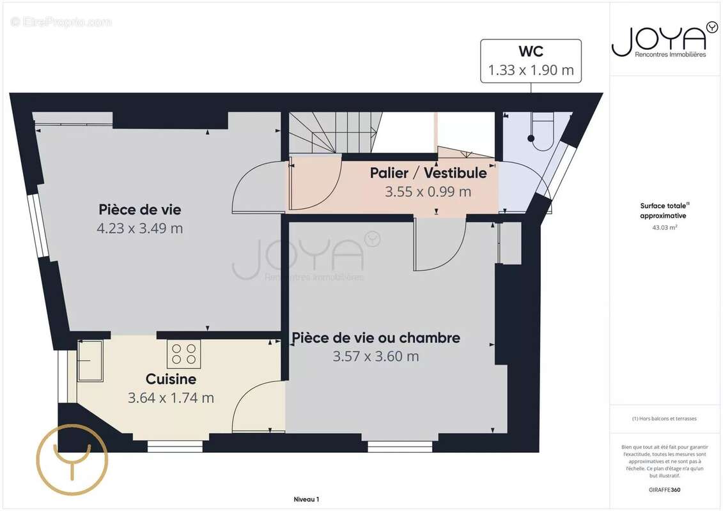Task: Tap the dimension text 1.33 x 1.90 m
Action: pos(531,70)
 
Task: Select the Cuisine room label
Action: pos(171,379)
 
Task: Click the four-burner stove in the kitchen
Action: pos(184,354)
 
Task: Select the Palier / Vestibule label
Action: pos(428,173)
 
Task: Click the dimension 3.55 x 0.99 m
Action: pos(428,191)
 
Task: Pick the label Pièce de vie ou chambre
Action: pos(376,338)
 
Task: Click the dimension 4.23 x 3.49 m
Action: pos(140,228)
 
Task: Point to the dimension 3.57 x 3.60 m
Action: pos(376,356)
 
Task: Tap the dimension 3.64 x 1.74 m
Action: pos(171,398)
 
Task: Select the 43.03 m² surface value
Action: pos(665,227)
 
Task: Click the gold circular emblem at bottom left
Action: pos(72,460)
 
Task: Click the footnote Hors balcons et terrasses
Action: pos(665,419)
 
